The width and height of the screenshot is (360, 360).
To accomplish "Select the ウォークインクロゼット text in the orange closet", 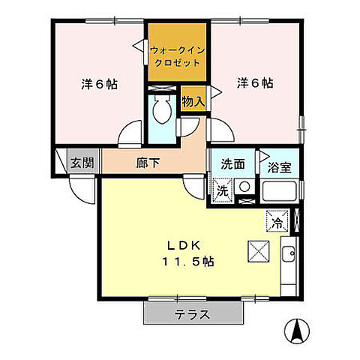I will [178, 56].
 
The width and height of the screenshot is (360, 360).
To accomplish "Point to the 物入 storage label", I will [193, 100].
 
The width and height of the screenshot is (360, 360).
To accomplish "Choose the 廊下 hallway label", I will [145, 161].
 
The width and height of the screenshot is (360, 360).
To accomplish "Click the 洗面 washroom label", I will [232, 164].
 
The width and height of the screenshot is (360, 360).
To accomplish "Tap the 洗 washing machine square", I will [222, 190].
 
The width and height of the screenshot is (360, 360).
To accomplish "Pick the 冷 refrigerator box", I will [276, 221].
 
